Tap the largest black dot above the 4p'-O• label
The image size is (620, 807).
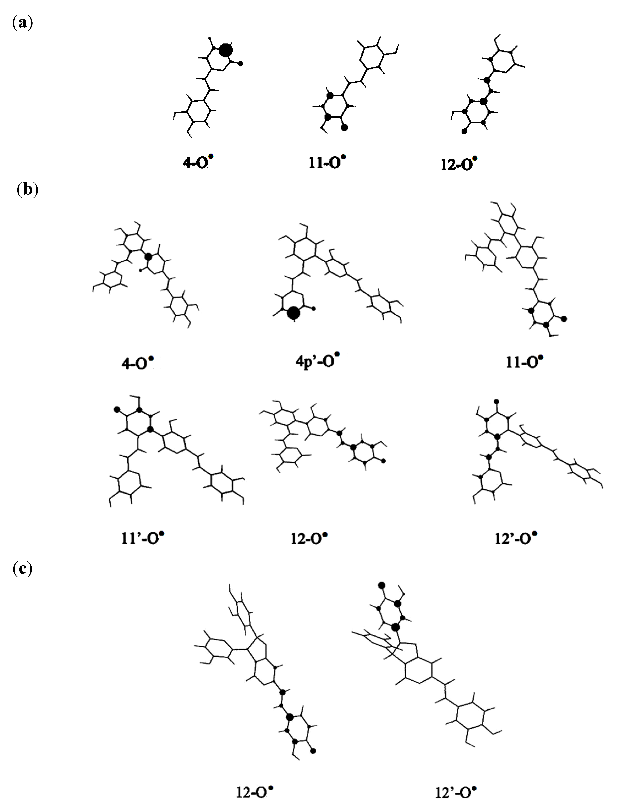[294, 313]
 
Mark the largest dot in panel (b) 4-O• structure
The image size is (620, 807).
[148, 256]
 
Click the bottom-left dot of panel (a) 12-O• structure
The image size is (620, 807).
[464, 131]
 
